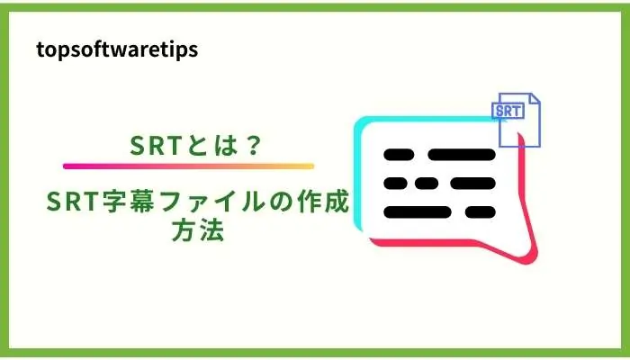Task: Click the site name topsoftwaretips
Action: pos(117,49)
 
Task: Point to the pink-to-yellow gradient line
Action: pos(188,166)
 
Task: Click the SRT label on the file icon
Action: pos(508,111)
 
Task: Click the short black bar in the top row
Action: pos(400,155)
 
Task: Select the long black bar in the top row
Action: pos(462,155)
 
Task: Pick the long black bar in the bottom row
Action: pos(424,213)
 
